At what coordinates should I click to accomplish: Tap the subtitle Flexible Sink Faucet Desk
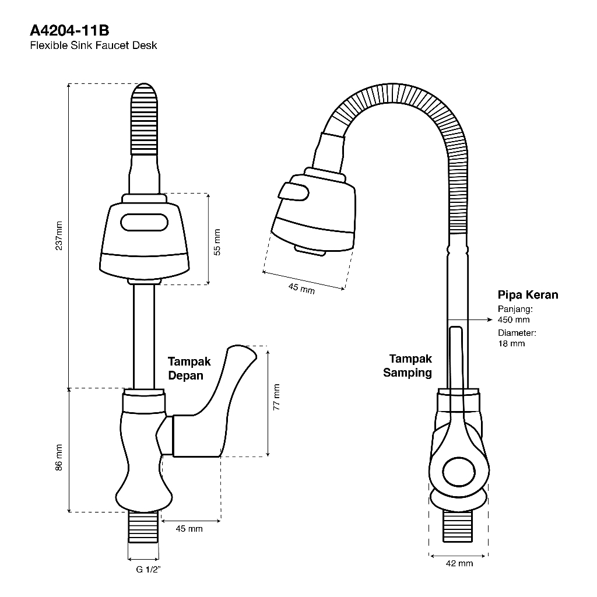93,45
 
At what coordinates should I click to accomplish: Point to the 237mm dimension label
58,235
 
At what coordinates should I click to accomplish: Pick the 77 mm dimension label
276,397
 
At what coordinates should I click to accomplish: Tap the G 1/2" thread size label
148,570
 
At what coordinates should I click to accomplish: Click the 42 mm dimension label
459,563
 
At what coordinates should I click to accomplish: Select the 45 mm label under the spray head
301,287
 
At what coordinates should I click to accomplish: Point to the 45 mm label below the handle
189,529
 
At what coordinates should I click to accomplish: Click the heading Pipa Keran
528,295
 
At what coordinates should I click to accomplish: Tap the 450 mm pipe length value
514,319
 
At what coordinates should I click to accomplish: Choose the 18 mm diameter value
511,343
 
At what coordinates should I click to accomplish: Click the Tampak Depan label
189,368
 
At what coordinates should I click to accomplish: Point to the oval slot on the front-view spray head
144,222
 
